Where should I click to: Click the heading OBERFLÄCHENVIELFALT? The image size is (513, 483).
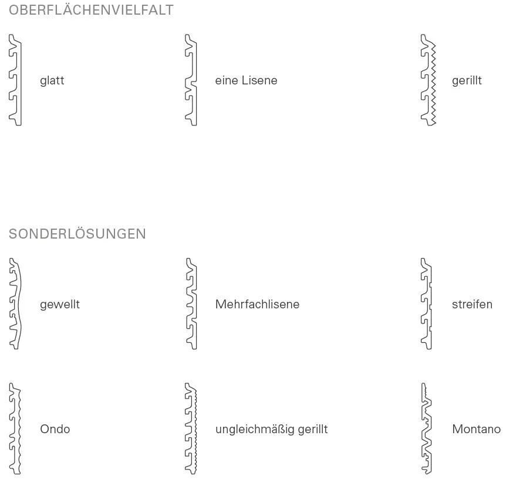pos(91,10)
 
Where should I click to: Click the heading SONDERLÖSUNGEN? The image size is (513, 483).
pos(77,234)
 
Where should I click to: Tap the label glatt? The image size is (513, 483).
pos(52,80)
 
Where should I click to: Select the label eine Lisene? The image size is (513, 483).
pos(246,80)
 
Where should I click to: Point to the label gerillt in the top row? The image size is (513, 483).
pos(467,80)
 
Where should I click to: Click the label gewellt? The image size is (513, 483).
pos(60,305)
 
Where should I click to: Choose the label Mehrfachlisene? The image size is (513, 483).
pos(257,304)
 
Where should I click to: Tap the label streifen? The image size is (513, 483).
pos(472,304)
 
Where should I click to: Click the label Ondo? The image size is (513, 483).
pos(55,429)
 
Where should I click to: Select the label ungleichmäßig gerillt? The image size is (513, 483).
pos(272,430)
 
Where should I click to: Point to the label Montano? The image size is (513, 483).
pos(477,429)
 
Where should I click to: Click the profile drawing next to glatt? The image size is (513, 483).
pos(20,80)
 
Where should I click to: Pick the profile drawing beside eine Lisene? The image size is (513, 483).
pos(195,80)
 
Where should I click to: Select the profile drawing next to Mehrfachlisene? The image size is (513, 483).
pos(195,304)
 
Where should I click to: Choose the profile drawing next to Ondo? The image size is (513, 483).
pos(19,428)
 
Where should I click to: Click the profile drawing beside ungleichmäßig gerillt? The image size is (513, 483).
pos(195,428)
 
